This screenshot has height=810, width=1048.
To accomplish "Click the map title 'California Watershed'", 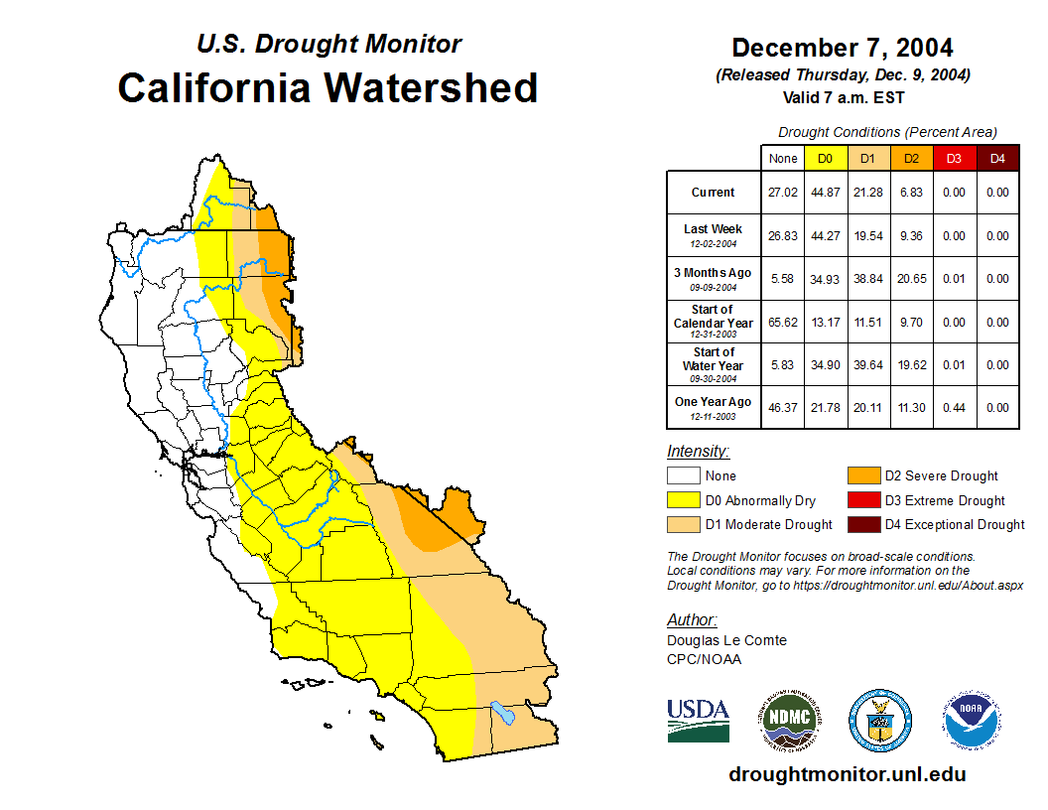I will [x=327, y=88].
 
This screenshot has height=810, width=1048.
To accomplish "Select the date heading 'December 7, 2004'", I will [x=842, y=48].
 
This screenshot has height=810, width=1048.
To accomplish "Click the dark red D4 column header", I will [x=997, y=159].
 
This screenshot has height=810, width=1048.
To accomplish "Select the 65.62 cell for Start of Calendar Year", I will [x=783, y=323].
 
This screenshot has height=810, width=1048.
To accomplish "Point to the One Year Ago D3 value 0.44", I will [x=954, y=408].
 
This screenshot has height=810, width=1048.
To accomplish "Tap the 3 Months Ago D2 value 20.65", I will [x=911, y=279].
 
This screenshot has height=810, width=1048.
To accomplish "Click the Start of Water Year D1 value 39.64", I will [x=867, y=365].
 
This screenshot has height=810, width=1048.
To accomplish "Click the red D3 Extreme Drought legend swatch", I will [x=863, y=500].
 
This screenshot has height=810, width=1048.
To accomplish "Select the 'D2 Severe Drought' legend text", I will [x=942, y=476].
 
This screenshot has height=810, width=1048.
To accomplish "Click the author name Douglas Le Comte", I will [x=726, y=640].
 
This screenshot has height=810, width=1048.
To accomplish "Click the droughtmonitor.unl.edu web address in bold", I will [x=847, y=775].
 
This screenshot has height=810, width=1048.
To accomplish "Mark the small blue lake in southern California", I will [x=502, y=713].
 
